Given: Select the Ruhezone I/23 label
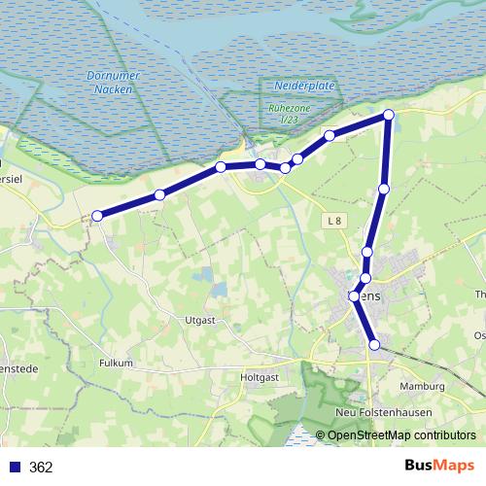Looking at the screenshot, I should pyautogui.click(x=289, y=114).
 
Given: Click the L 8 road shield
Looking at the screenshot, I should pyautogui.click(x=335, y=221).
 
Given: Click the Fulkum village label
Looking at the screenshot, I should pyautogui.click(x=116, y=362).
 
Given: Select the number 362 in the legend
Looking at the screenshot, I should pyautogui.click(x=41, y=467).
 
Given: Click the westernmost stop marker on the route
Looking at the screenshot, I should pyautogui.click(x=97, y=216).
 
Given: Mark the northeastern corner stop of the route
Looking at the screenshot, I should pyautogui.click(x=389, y=116).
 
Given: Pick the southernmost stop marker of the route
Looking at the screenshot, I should pyautogui.click(x=374, y=343).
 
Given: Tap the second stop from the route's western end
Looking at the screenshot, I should pyautogui.click(x=159, y=194).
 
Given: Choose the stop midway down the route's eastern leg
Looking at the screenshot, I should pyautogui.click(x=384, y=189).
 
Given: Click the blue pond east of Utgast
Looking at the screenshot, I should pyautogui.click(x=220, y=289).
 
